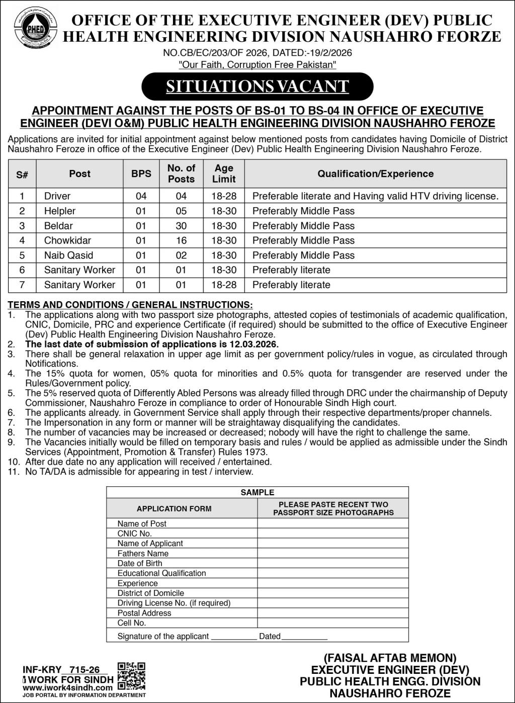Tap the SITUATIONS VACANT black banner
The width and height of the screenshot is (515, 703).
tap(257, 86)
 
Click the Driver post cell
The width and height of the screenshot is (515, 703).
tap(57, 196)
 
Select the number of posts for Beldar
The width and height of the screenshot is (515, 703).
tap(181, 226)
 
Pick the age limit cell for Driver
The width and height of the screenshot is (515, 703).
tap(224, 196)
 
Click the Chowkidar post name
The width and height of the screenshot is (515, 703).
tap(67, 240)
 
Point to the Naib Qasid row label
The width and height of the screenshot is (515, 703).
tap(68, 255)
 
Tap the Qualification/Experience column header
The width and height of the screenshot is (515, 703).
tap(375, 174)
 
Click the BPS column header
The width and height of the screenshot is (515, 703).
tap(141, 173)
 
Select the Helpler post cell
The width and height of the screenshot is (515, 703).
tap(60, 211)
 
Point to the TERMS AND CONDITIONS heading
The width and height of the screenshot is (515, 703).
tap(130, 305)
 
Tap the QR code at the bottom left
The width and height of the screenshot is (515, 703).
tap(131, 676)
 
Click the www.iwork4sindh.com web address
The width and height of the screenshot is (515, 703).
tap(67, 688)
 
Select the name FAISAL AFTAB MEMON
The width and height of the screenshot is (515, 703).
tap(390, 658)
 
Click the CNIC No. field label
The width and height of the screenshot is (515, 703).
tap(134, 534)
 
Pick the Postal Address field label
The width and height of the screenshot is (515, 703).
tap(144, 613)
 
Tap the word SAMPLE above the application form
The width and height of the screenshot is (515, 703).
tap(257, 493)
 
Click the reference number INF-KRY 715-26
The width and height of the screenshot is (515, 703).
tap(65, 670)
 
